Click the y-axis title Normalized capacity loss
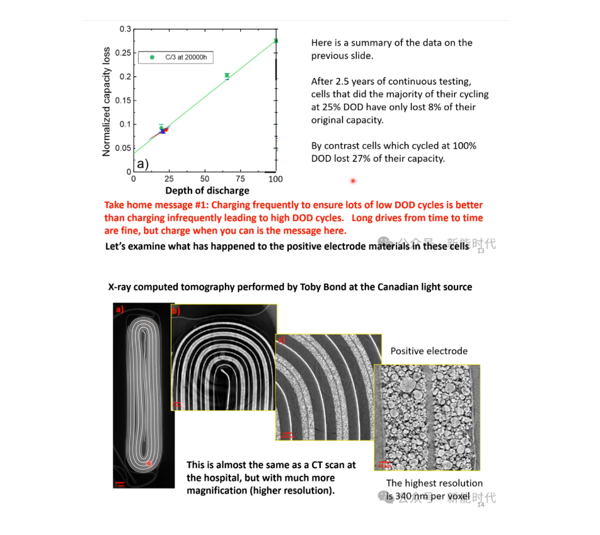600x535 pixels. click(107, 101)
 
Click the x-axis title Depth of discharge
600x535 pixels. click(207, 190)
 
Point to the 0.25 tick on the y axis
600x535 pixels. click(125, 53)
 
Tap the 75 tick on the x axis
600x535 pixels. click(240, 179)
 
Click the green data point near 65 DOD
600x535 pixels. click(227, 76)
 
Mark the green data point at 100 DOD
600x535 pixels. click(275, 41)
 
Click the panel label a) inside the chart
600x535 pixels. click(142, 164)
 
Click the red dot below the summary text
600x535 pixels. click(353, 181)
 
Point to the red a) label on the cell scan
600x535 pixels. click(118, 309)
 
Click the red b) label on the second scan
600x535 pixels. click(176, 310)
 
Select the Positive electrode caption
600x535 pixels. click(429, 351)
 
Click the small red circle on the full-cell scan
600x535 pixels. click(149, 463)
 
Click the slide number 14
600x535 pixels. click(481, 505)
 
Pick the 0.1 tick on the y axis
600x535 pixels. click(127, 124)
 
